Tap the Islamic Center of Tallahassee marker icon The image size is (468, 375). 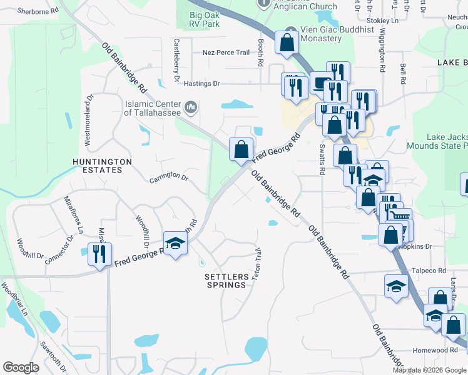[192, 107]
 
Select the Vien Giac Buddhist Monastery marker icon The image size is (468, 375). [290, 31]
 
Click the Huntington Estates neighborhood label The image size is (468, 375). [102, 166]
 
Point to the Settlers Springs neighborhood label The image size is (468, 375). [226, 280]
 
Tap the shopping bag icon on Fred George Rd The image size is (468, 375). [241, 149]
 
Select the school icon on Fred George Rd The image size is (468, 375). [176, 243]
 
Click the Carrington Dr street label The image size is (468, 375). [169, 177]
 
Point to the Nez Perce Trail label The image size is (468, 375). [226, 52]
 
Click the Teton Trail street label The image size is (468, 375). [257, 264]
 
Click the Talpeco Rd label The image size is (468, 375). [429, 271]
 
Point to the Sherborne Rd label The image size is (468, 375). [37, 11]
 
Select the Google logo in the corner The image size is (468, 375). [21, 367]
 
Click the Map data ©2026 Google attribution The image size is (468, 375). [430, 370]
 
